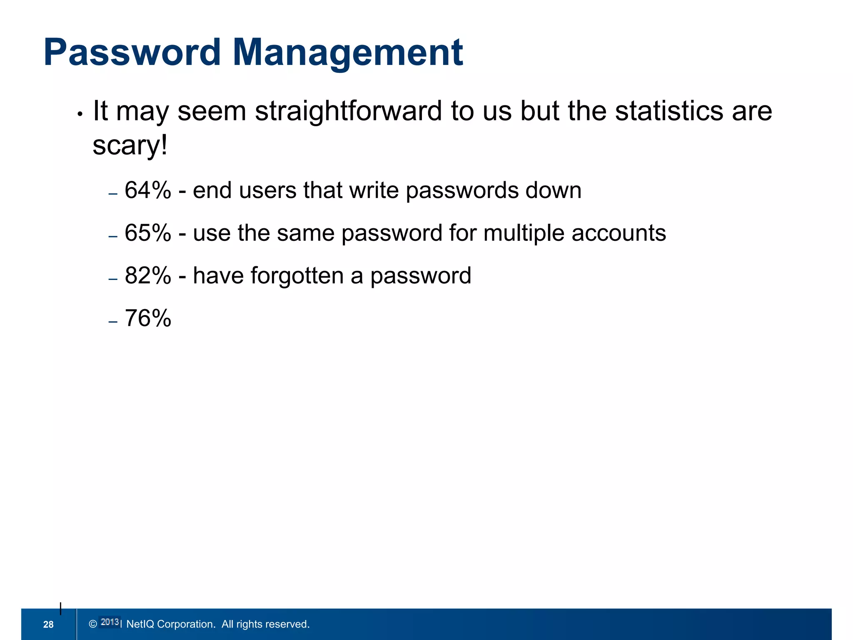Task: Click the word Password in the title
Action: point(132,52)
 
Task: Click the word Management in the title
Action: point(347,52)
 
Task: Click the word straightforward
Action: point(348,111)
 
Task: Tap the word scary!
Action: point(130,145)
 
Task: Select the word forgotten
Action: point(297,275)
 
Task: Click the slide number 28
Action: point(48,624)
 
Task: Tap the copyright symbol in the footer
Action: point(93,624)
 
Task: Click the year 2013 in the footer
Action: point(110,622)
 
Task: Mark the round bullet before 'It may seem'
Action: point(80,114)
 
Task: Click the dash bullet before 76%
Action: point(113,322)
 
